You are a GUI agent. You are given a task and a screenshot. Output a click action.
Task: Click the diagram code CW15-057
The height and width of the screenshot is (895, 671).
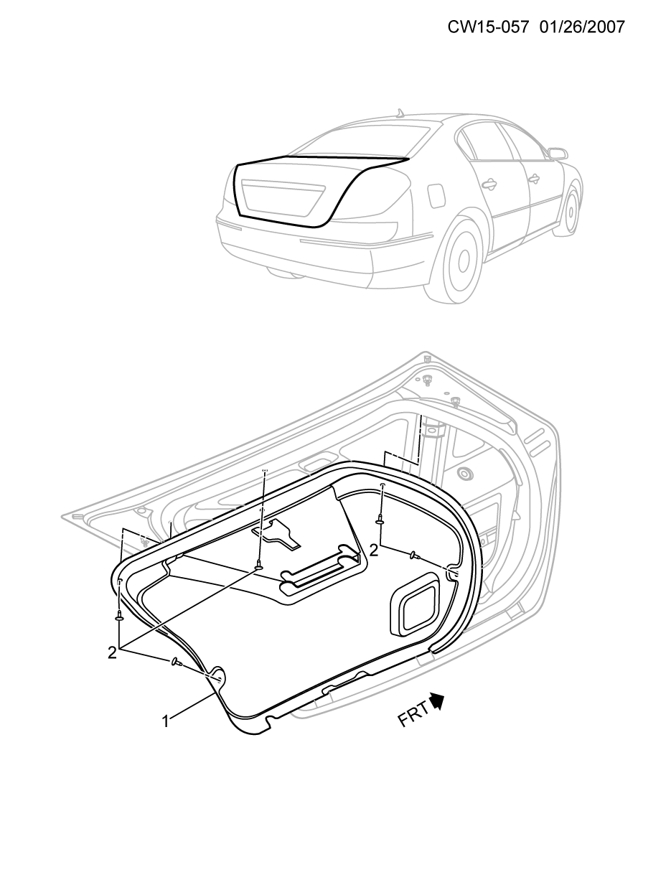point(489,27)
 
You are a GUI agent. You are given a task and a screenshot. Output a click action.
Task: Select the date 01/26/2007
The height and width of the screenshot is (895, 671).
point(582,27)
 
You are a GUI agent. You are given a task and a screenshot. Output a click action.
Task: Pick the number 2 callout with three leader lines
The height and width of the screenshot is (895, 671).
point(112,653)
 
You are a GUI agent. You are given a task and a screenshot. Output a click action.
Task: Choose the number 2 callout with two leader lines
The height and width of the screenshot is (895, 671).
point(373,551)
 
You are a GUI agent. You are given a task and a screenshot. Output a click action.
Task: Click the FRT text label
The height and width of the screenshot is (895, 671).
point(413,713)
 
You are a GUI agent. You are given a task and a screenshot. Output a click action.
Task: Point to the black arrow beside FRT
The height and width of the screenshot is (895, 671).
point(438,700)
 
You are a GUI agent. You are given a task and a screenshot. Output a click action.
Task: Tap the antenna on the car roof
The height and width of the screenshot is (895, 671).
point(400,113)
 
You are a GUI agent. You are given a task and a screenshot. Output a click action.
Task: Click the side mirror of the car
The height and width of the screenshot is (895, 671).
point(558,154)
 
